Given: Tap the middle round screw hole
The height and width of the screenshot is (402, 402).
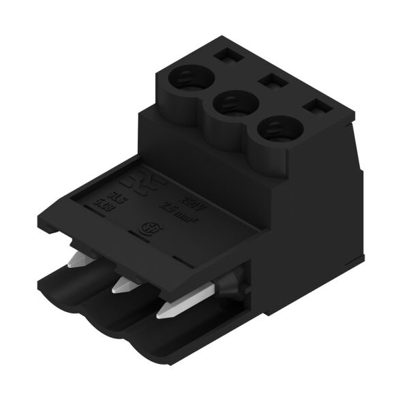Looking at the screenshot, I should pyautogui.click(x=230, y=104).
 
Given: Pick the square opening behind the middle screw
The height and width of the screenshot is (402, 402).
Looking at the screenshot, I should pyautogui.click(x=271, y=81).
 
